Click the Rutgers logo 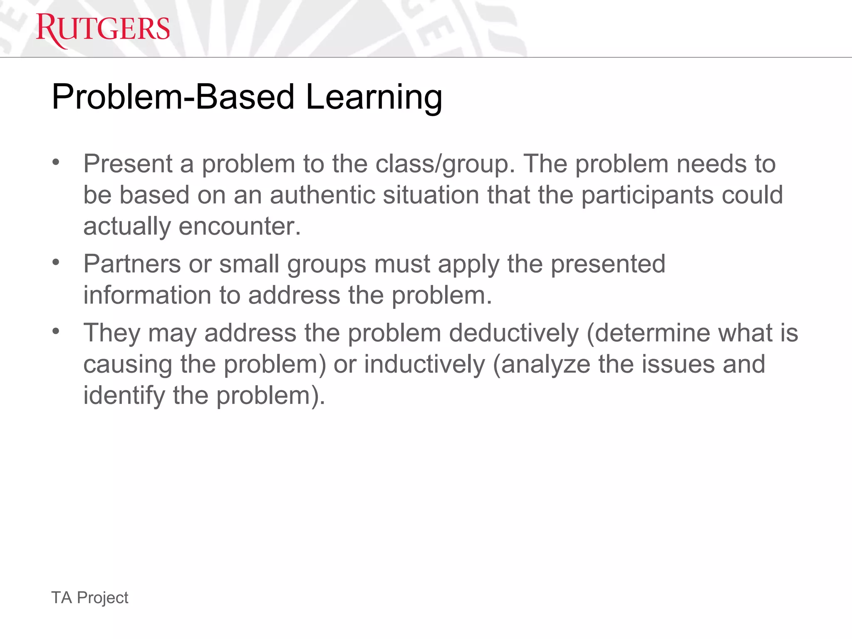(x=103, y=30)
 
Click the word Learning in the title (x=374, y=97)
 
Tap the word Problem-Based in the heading (x=173, y=97)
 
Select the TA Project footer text (x=89, y=597)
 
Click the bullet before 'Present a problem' (x=56, y=162)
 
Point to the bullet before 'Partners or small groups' (x=56, y=263)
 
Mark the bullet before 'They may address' (x=56, y=332)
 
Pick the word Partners (x=132, y=264)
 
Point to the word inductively (x=424, y=364)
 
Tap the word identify (x=124, y=395)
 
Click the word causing (x=128, y=365)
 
